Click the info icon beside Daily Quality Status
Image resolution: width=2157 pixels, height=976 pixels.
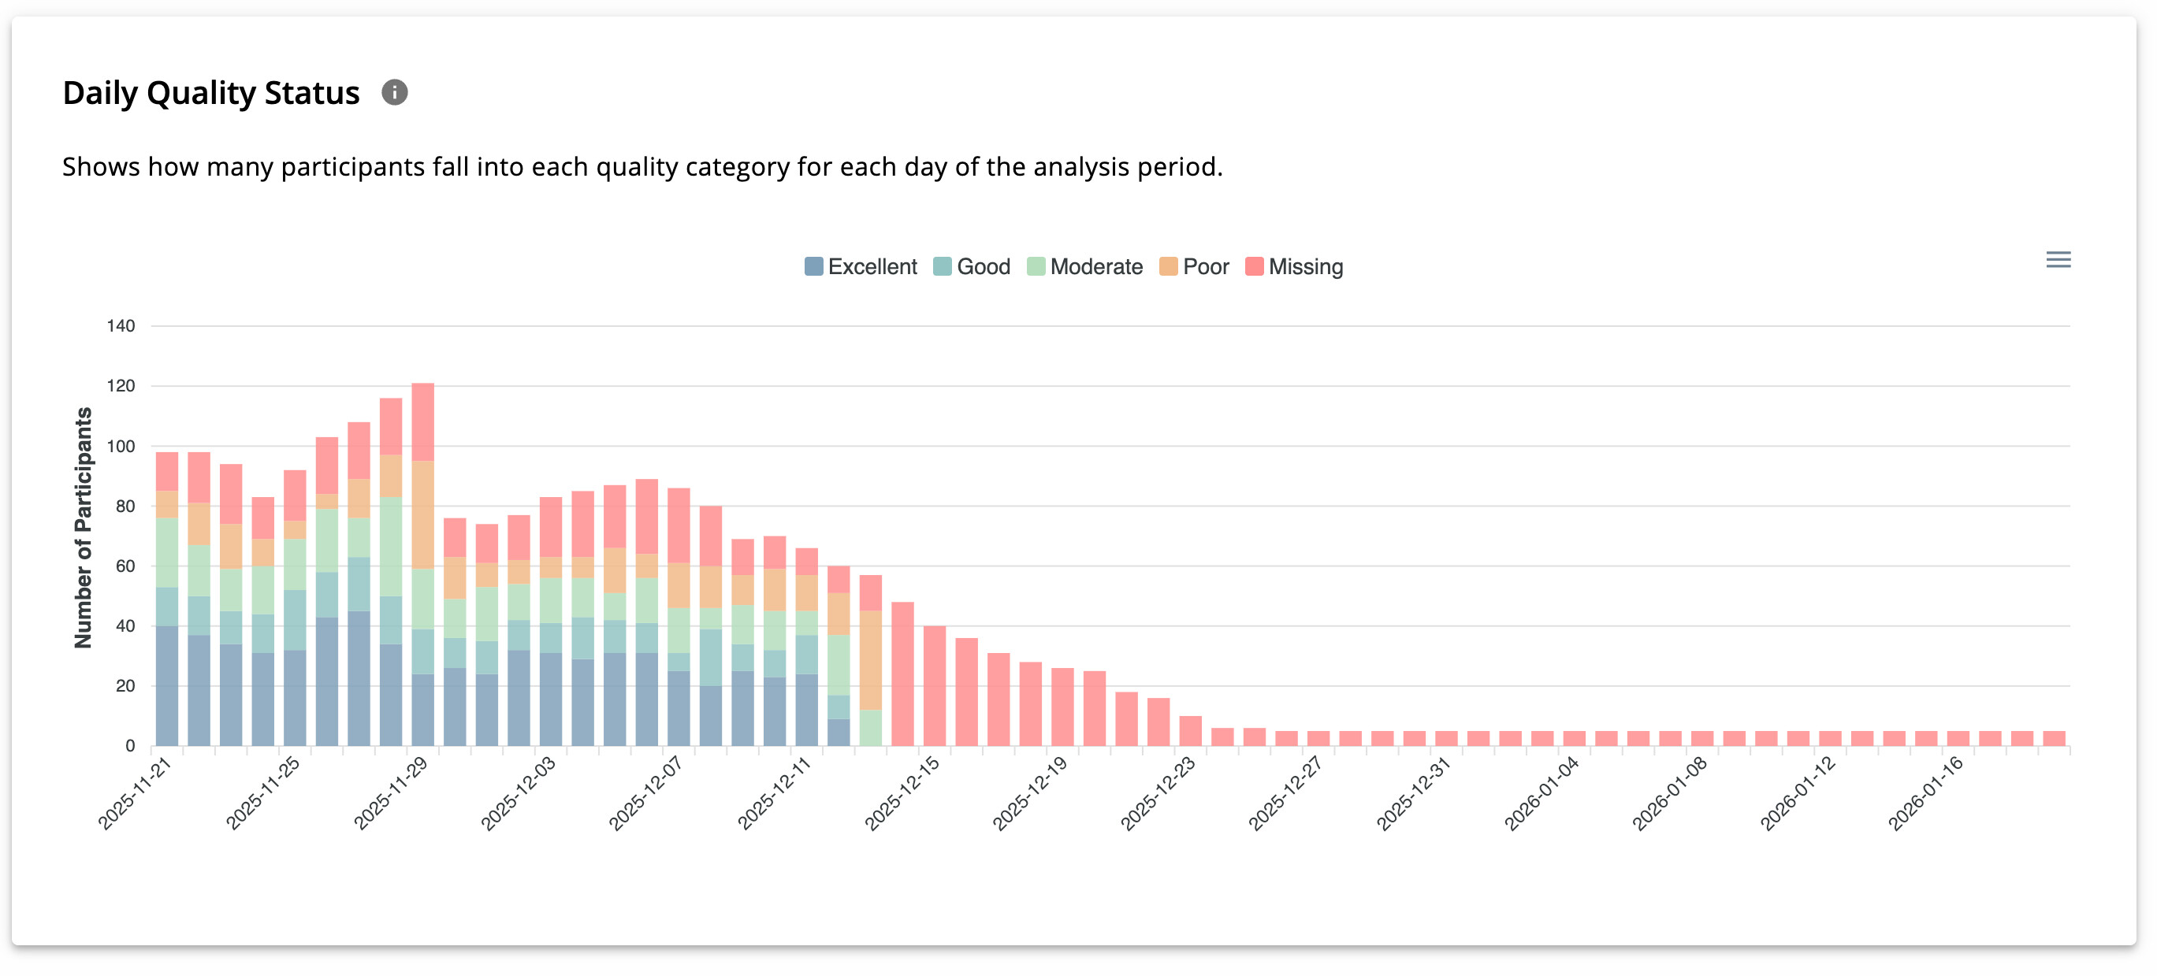point(394,93)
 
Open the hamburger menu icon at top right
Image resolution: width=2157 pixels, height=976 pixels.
point(2058,260)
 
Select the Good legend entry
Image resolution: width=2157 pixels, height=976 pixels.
point(973,267)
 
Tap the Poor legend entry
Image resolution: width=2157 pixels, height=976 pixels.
point(1194,267)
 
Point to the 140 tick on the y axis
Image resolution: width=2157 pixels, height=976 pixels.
point(121,326)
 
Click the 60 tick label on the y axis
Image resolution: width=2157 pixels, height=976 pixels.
point(125,566)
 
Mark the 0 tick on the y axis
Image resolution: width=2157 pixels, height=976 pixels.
point(130,747)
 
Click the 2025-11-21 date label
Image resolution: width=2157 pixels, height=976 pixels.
point(136,792)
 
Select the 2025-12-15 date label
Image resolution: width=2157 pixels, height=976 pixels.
point(902,792)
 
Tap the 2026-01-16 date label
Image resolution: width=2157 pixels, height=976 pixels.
point(1926,792)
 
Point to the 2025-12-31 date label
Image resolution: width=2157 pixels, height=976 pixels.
point(1415,792)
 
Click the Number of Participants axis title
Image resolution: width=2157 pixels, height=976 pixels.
point(83,529)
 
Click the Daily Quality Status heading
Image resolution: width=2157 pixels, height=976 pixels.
point(211,93)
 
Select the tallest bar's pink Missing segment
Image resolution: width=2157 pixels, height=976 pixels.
point(423,422)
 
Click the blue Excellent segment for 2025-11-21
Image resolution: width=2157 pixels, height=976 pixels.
point(167,686)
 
